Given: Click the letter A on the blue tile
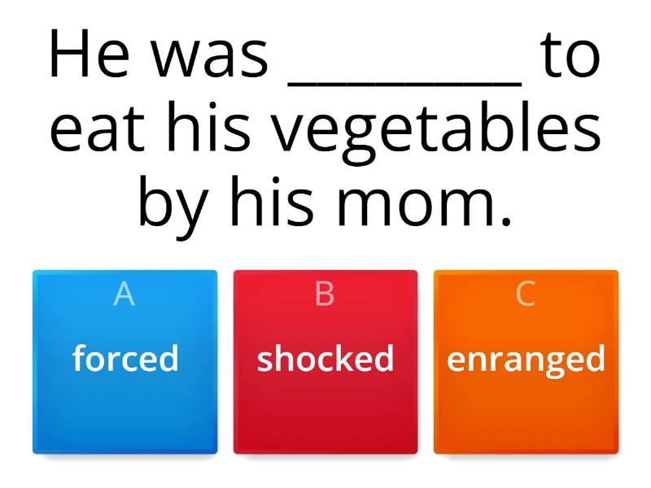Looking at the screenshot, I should (x=125, y=294).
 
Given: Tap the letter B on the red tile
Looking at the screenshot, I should (x=325, y=294).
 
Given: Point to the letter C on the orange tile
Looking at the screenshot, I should (x=526, y=294).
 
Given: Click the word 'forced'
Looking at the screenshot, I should (x=125, y=359).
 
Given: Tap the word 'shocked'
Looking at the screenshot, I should (x=325, y=359).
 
